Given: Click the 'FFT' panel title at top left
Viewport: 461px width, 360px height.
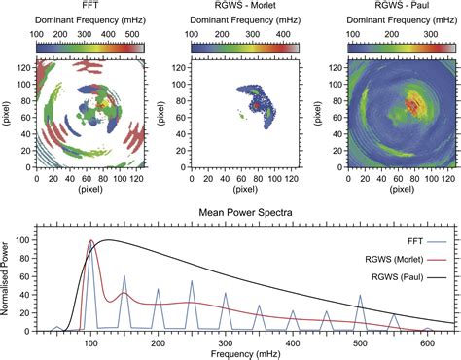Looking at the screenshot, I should [90, 6].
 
